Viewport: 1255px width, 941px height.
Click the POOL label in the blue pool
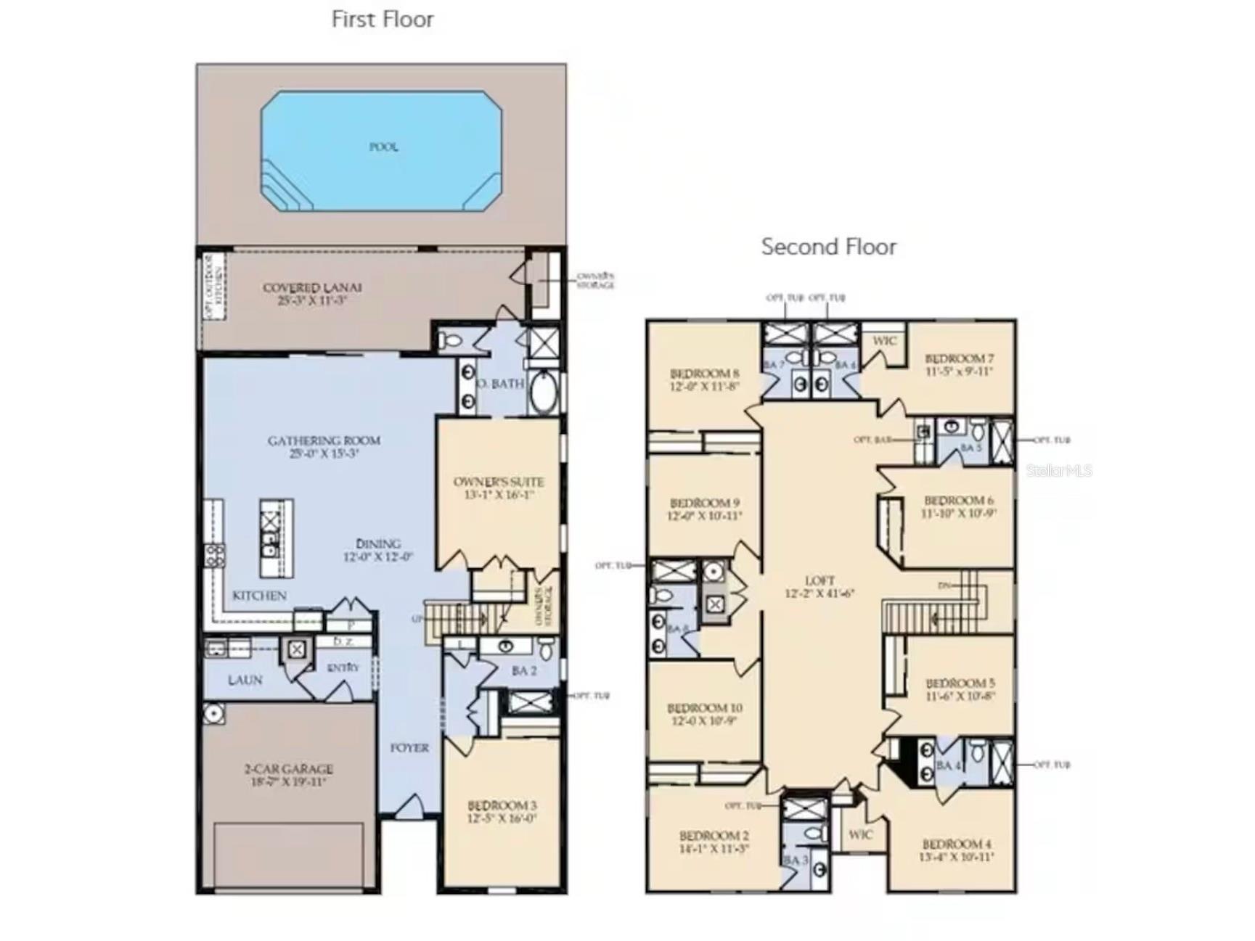tap(383, 147)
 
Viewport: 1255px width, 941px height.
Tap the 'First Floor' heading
tap(383, 20)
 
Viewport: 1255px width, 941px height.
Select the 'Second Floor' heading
tap(828, 247)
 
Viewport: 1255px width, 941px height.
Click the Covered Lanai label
tap(312, 294)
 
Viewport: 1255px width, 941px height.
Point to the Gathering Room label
tap(324, 446)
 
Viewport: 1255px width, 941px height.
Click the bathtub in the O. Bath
tap(543, 393)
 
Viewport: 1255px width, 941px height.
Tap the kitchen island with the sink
tap(277, 538)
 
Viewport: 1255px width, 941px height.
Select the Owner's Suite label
tap(499, 488)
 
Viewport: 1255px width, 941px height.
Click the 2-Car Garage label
tap(288, 774)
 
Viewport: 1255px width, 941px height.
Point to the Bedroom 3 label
tap(502, 811)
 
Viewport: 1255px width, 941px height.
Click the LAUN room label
tap(245, 680)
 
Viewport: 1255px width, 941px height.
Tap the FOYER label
tap(409, 747)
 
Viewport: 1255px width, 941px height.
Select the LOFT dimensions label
tap(819, 593)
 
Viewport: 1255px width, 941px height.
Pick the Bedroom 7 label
tap(959, 364)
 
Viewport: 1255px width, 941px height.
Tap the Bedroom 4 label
tap(956, 850)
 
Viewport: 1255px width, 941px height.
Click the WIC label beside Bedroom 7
tap(884, 341)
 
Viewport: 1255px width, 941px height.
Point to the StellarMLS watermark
tap(1058, 470)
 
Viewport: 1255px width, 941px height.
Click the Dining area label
tap(378, 550)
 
